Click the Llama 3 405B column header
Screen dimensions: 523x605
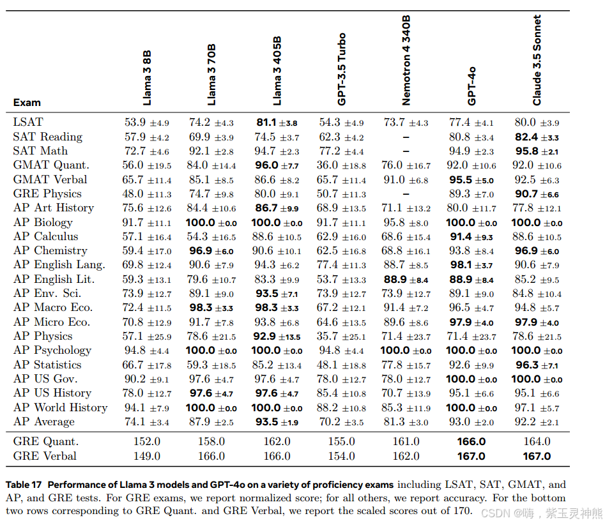pyautogui.click(x=277, y=71)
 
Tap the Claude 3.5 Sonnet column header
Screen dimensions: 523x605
pyautogui.click(x=537, y=60)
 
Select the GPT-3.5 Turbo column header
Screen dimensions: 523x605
pyautogui.click(x=342, y=69)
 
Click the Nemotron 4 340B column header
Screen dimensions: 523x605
pyautogui.click(x=406, y=60)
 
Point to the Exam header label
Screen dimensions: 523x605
pyautogui.click(x=27, y=102)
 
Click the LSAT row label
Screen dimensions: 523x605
pyautogui.click(x=28, y=122)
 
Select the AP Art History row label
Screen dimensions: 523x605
pyautogui.click(x=53, y=208)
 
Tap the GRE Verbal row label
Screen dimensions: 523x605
pyautogui.click(x=45, y=456)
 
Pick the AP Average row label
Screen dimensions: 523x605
pyautogui.click(x=43, y=421)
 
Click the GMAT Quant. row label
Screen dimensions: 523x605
pyautogui.click(x=50, y=165)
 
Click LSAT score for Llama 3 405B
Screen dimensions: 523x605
pyautogui.click(x=277, y=122)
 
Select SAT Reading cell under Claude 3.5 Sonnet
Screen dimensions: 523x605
pyautogui.click(x=537, y=137)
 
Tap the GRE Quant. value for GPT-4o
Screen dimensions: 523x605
pyautogui.click(x=471, y=441)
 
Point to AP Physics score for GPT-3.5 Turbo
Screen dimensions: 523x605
pyautogui.click(x=342, y=336)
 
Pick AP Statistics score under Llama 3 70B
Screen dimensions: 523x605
pyautogui.click(x=211, y=365)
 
